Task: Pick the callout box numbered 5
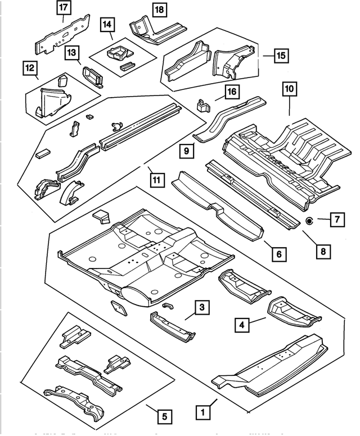[x=163, y=416]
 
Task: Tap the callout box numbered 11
[x=157, y=180]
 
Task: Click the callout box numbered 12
[x=29, y=69]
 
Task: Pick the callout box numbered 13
[x=72, y=53]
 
